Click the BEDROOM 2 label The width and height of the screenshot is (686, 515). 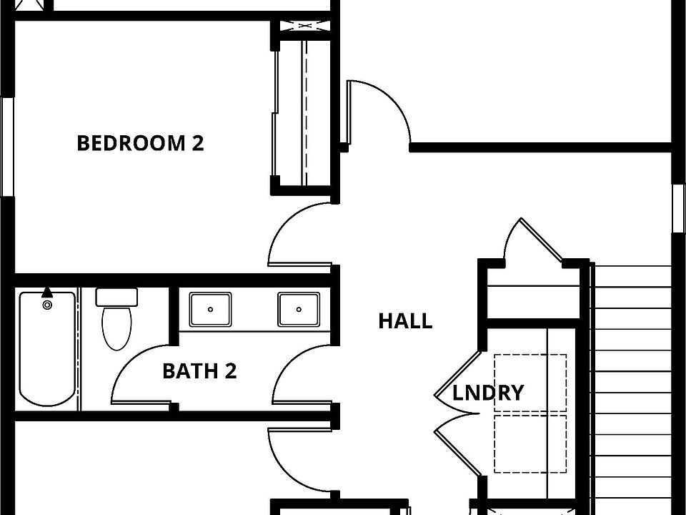point(140,143)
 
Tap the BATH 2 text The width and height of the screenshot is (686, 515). point(199,371)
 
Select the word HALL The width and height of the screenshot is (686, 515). point(405,321)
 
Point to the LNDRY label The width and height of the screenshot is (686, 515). point(488,393)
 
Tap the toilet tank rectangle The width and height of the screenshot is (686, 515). point(116,297)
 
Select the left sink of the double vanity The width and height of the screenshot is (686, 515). point(210,309)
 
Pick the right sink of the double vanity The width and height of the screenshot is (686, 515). point(299,309)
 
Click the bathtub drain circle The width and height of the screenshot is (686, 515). point(47,305)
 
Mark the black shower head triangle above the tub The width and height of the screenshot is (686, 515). point(47,292)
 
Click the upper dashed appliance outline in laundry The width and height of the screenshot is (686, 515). point(530,383)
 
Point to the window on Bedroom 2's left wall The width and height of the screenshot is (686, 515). point(7,147)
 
